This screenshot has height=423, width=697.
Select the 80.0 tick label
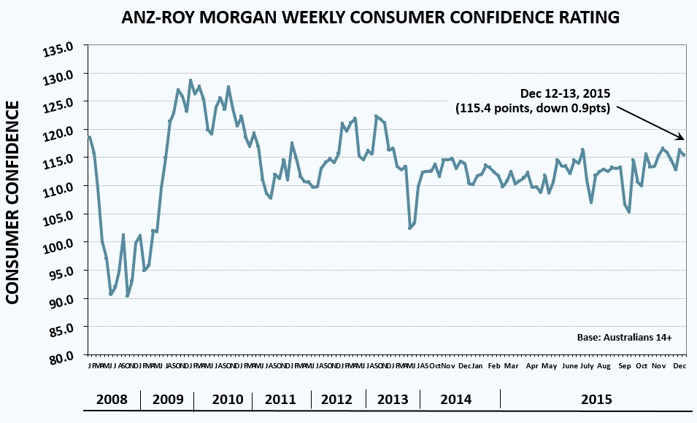pyautogui.click(x=62, y=357)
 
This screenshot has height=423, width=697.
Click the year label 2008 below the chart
pyautogui.click(x=112, y=400)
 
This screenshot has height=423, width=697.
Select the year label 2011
pyautogui.click(x=280, y=400)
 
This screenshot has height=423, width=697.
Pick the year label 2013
pyautogui.click(x=391, y=400)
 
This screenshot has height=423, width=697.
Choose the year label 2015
pyautogui.click(x=596, y=400)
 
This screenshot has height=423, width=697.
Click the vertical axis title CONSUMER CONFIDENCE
pyautogui.click(x=14, y=202)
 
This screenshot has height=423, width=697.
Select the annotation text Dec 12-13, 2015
pyautogui.click(x=565, y=94)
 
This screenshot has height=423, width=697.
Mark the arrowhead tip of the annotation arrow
pyautogui.click(x=685, y=139)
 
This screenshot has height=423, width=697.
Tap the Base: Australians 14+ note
pyautogui.click(x=623, y=338)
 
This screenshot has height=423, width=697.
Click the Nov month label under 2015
pyautogui.click(x=658, y=365)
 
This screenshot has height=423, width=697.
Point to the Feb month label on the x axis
pyautogui.click(x=494, y=365)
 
